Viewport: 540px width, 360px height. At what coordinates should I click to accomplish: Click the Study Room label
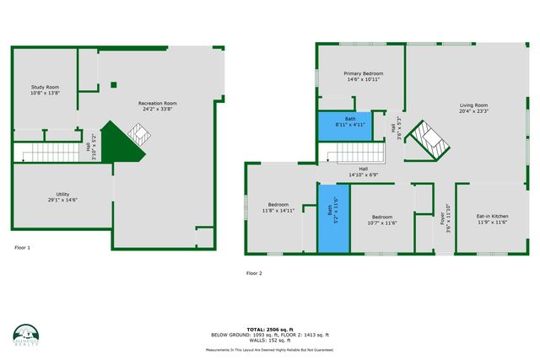coord(45,90)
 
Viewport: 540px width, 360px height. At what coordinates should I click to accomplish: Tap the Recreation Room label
coord(158,106)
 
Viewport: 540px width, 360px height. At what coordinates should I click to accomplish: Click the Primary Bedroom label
coord(364,78)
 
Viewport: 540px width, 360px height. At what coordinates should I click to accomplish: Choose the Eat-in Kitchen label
coord(491,219)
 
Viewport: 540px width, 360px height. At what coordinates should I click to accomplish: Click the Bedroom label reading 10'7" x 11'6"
coord(381,220)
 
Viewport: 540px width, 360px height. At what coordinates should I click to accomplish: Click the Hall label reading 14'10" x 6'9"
coord(363,172)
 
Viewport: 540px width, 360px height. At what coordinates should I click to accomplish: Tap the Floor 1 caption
coord(22,248)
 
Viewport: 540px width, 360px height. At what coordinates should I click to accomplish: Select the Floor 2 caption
coord(254,273)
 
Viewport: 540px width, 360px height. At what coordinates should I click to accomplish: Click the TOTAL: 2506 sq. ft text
coord(269,329)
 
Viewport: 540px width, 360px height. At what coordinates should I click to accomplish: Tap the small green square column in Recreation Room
coord(113,84)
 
